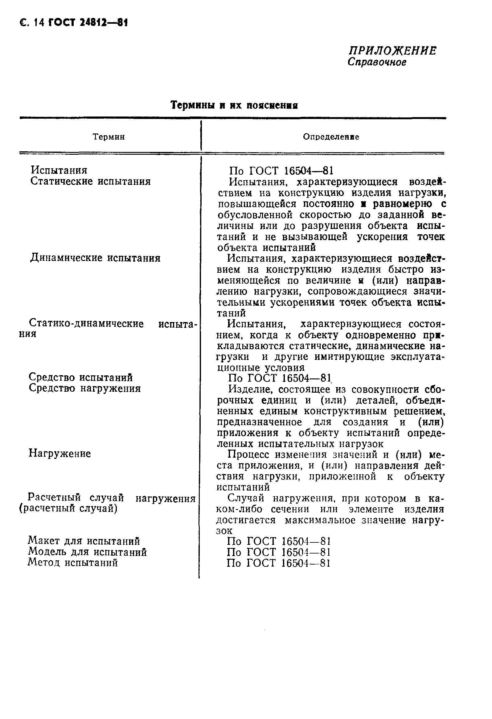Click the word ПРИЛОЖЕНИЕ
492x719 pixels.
[393, 51]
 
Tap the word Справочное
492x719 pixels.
[377, 62]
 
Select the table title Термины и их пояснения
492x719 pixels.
[234, 105]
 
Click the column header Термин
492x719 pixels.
[109, 137]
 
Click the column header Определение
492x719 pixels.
[331, 137]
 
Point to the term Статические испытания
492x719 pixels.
[90, 181]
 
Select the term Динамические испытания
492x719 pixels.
[95, 258]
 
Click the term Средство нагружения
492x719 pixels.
[85, 388]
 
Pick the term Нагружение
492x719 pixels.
[60, 454]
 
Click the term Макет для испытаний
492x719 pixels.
[84, 541]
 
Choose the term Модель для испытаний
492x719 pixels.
[87, 552]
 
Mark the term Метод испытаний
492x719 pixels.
[73, 562]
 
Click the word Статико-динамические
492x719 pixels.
[86, 324]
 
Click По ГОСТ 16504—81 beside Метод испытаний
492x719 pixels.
[278, 563]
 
